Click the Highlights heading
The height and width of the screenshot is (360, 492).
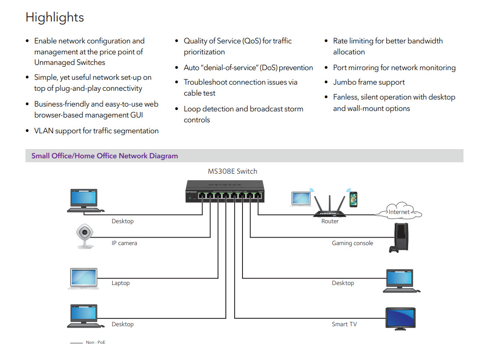[55, 17]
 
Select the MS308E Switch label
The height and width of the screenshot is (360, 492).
[232, 171]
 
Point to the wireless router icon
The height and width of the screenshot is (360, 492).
[330, 206]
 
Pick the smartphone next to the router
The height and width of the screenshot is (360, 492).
[353, 200]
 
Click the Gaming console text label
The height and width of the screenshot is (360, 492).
[353, 243]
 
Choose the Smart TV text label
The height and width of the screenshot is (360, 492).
[344, 324]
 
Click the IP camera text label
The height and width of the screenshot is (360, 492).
[125, 243]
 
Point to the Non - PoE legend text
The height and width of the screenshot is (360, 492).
[96, 342]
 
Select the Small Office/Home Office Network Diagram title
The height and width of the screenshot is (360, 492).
[104, 156]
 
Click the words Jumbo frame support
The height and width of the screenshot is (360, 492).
[369, 82]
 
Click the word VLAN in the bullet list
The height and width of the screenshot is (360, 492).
[44, 131]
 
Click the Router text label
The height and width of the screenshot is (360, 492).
[330, 221]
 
